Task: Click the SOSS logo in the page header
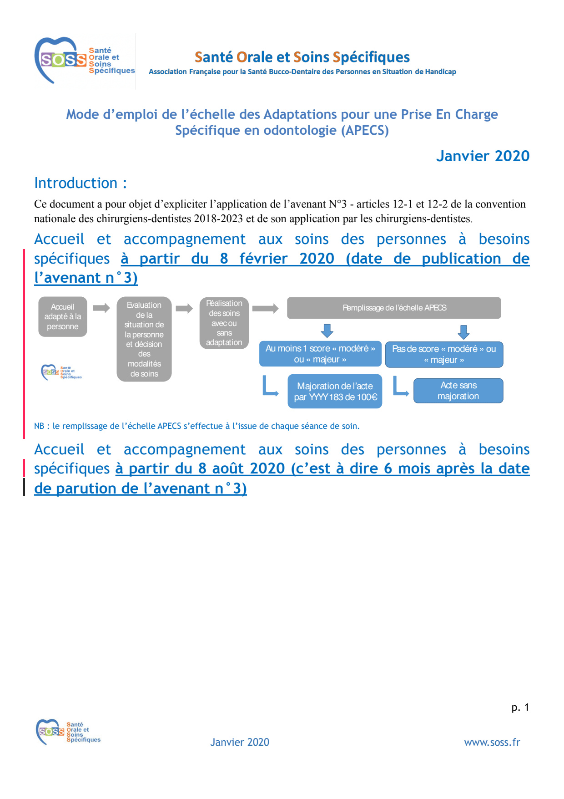click(x=85, y=61)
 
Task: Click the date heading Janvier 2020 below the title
click(x=483, y=156)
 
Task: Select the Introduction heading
click(x=80, y=183)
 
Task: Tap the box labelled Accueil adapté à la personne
click(x=63, y=317)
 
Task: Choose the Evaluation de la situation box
click(x=144, y=339)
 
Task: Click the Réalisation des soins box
click(x=224, y=323)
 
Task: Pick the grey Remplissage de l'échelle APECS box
click(x=394, y=308)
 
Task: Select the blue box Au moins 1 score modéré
click(x=320, y=354)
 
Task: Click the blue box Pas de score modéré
click(x=444, y=354)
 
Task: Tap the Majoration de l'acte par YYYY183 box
click(x=335, y=392)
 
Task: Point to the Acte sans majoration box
click(x=458, y=391)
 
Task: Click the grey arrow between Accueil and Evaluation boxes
click(x=101, y=308)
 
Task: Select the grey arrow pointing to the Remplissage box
click(x=265, y=309)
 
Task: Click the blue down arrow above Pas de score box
click(x=463, y=332)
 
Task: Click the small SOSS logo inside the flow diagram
click(x=61, y=372)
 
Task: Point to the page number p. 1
click(x=520, y=707)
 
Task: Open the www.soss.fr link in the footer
click(x=492, y=743)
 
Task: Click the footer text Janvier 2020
click(x=240, y=743)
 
